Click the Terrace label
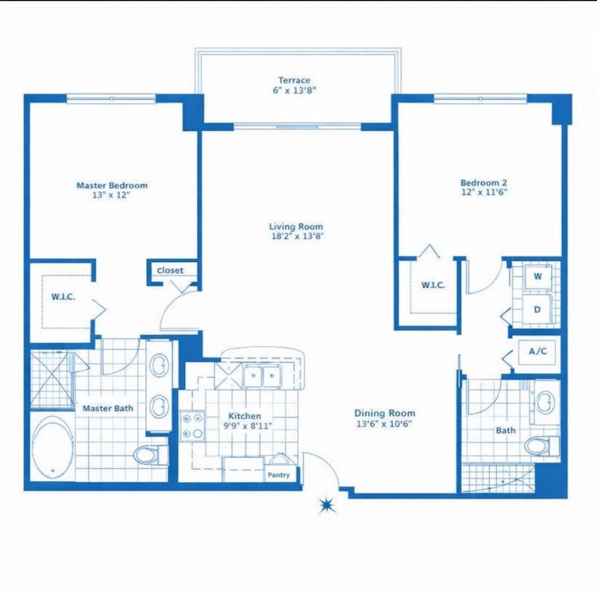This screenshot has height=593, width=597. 294,80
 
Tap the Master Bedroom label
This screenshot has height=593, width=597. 112,185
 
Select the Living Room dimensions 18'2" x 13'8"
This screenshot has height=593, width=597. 296,237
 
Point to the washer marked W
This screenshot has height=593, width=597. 538,276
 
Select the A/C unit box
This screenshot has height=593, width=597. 537,352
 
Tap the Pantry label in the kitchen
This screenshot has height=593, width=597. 278,475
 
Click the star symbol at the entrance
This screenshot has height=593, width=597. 326,505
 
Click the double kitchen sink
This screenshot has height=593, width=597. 262,376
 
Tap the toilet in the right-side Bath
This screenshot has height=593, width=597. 539,446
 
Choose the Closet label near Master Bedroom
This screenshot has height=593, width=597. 170,271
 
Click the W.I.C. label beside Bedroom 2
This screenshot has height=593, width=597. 433,285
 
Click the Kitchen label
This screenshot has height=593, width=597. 244,416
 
